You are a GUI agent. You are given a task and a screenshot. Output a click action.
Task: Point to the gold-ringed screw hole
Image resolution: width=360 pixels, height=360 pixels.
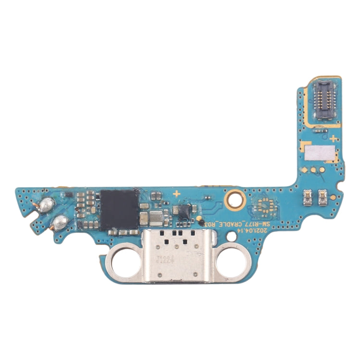pyautogui.click(x=235, y=195)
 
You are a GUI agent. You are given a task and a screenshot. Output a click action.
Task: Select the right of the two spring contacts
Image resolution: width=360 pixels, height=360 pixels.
pyautogui.click(x=323, y=195)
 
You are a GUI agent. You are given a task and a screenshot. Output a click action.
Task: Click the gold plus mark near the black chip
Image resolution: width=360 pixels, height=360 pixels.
pyautogui.click(x=177, y=193)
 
